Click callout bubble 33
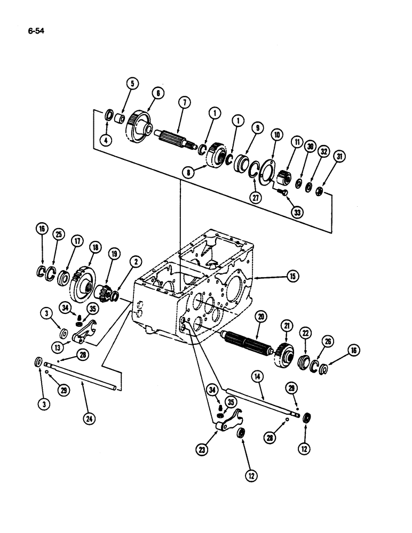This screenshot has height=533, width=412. [x=297, y=212]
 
